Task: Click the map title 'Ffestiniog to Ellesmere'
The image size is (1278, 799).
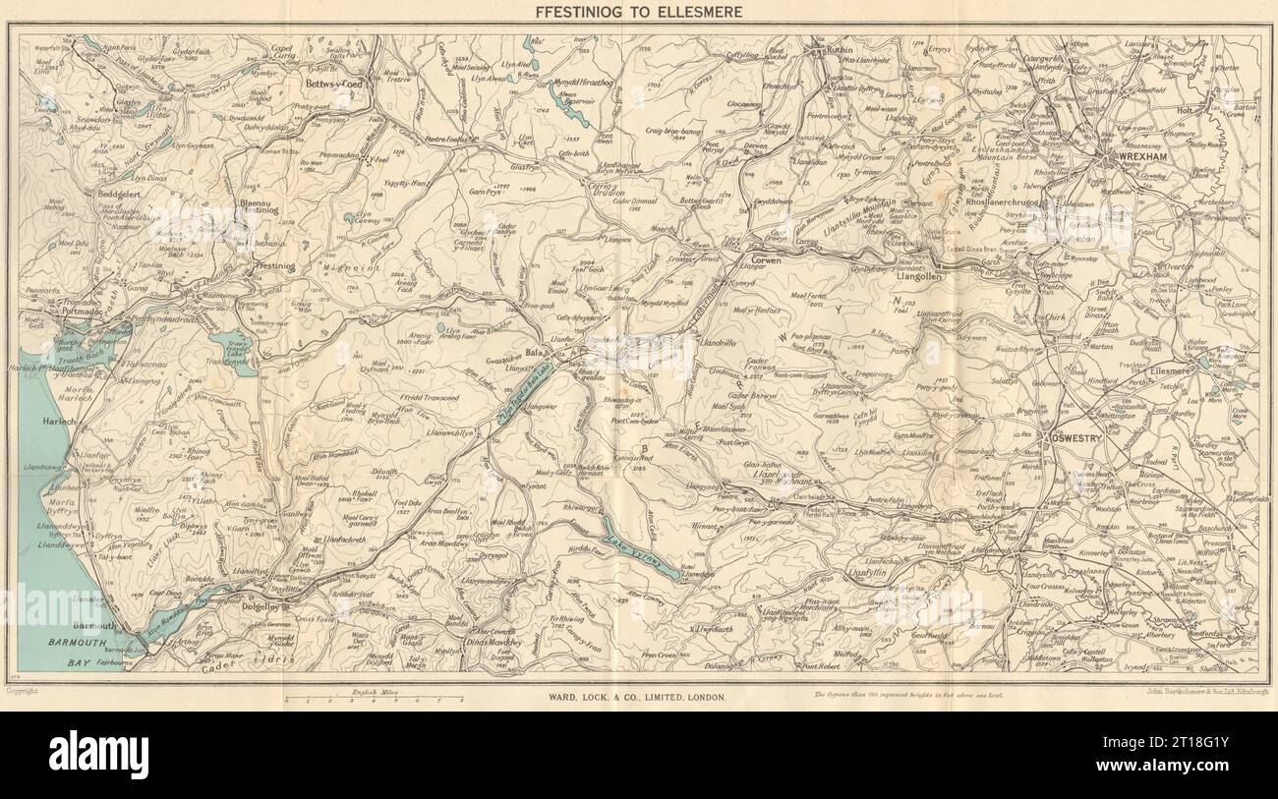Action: tap(638, 13)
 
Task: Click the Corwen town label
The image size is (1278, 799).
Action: tap(793, 262)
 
